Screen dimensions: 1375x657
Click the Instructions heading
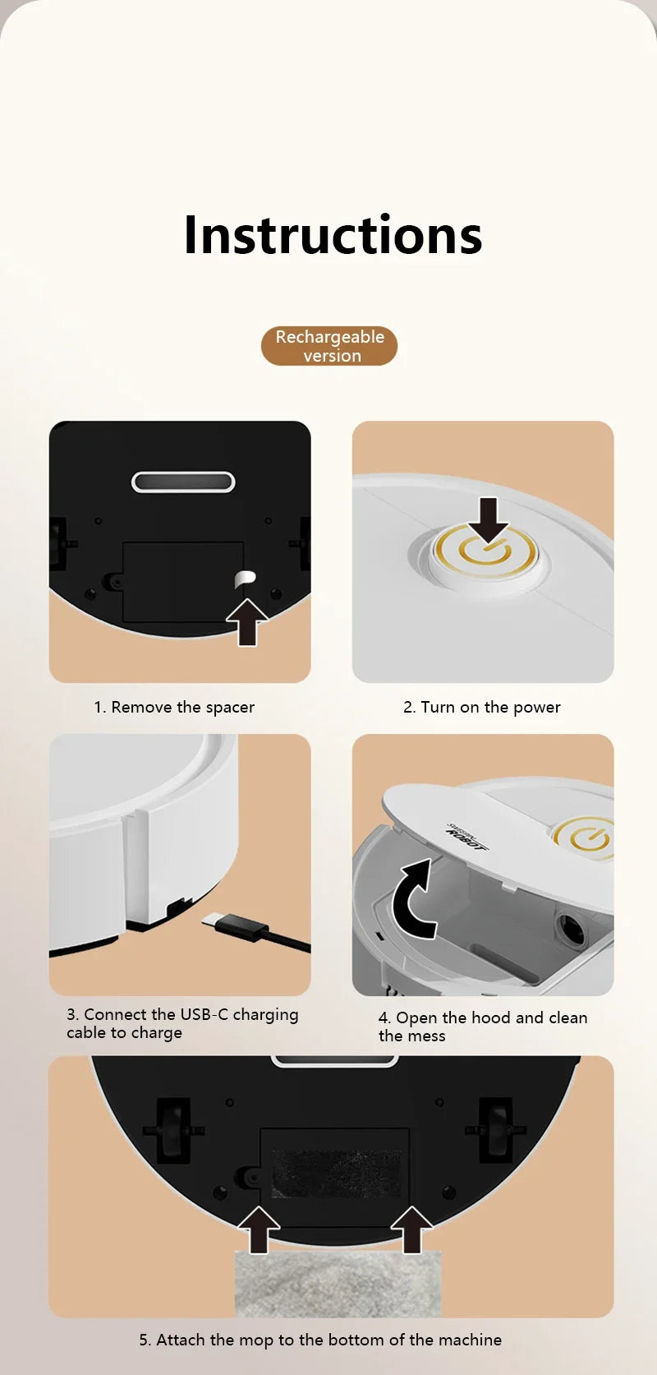[333, 235]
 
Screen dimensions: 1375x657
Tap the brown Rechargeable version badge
[329, 346]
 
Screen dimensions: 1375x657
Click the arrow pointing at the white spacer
[247, 622]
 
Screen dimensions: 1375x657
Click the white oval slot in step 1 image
[183, 482]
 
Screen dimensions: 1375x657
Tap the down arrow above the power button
[489, 519]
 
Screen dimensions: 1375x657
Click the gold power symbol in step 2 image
[485, 551]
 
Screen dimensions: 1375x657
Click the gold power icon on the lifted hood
[583, 838]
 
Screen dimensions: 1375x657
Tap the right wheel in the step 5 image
[495, 1130]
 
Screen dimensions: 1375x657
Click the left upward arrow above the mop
[259, 1229]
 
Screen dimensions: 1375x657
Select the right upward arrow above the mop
[411, 1229]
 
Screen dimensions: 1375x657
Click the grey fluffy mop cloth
[338, 1283]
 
